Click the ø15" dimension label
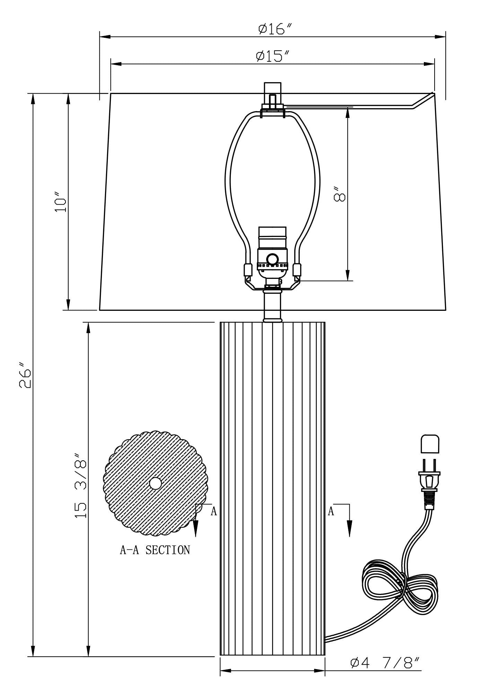point(273,56)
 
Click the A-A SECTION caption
point(155,550)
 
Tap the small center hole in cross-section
point(155,483)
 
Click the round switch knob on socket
point(272,259)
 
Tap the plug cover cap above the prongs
point(430,444)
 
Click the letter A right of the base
point(331,511)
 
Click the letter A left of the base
point(214,511)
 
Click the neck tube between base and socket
point(272,307)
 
